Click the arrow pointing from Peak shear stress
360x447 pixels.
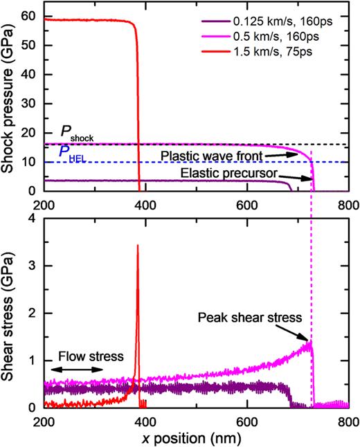point(300,334)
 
